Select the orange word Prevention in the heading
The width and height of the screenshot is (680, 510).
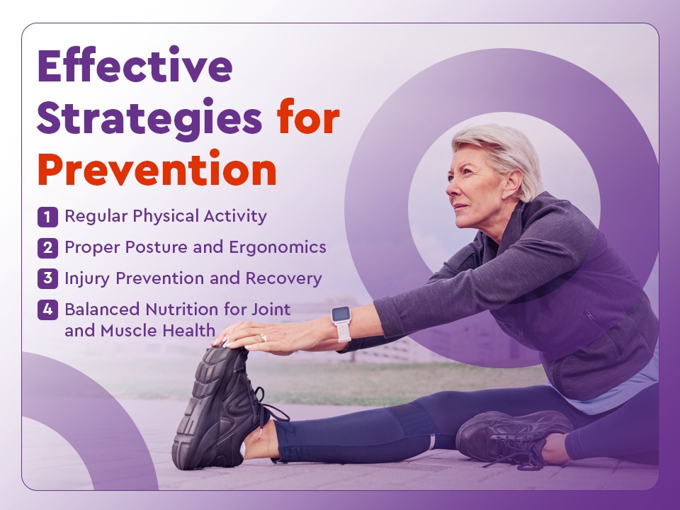click(157, 169)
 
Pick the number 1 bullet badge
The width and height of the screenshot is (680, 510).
click(47, 217)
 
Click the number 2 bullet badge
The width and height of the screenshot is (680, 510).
click(47, 248)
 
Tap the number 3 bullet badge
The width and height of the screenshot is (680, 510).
click(47, 278)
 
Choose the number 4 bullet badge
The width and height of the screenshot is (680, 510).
click(47, 310)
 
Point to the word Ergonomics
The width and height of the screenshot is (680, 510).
click(278, 248)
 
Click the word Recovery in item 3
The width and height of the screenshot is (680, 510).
click(283, 278)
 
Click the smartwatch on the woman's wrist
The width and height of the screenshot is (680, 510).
click(341, 324)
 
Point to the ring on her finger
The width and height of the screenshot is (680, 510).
click(263, 338)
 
